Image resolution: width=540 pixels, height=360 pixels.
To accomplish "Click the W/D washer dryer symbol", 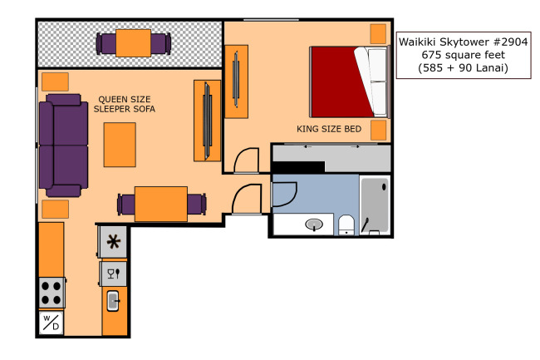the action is coord(51,323).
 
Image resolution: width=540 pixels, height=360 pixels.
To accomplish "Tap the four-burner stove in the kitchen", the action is coord(52,293).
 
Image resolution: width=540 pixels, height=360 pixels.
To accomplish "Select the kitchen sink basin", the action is coord(113,301).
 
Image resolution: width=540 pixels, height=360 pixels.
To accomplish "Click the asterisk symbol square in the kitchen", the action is coord(113,241).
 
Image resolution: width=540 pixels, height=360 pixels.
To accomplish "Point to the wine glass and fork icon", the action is coord(113,274).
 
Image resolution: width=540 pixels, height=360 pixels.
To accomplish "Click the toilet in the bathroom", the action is coord(346,225).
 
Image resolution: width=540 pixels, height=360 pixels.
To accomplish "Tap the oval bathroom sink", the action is coord(314,224).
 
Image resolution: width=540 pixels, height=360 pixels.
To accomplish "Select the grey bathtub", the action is coord(375,205).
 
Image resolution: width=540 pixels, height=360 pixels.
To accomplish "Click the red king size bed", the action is coord(349,82).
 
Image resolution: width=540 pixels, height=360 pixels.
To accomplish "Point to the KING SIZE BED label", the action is coord(329,129).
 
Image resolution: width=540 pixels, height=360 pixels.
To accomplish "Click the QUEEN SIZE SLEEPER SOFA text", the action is coord(125,104).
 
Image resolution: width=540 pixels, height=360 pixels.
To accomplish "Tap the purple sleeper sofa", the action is coord(63,145).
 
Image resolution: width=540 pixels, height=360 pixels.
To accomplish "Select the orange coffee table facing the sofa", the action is coord(120,145).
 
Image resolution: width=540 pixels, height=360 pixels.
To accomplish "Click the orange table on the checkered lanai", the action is coord(133,43).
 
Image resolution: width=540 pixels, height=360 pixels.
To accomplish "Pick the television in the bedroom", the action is coord(236,80).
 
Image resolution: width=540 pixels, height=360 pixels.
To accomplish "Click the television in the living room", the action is coord(208,121).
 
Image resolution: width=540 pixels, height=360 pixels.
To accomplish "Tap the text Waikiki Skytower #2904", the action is coord(464,42).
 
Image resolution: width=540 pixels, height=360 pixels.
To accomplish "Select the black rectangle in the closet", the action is coord(298,167).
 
